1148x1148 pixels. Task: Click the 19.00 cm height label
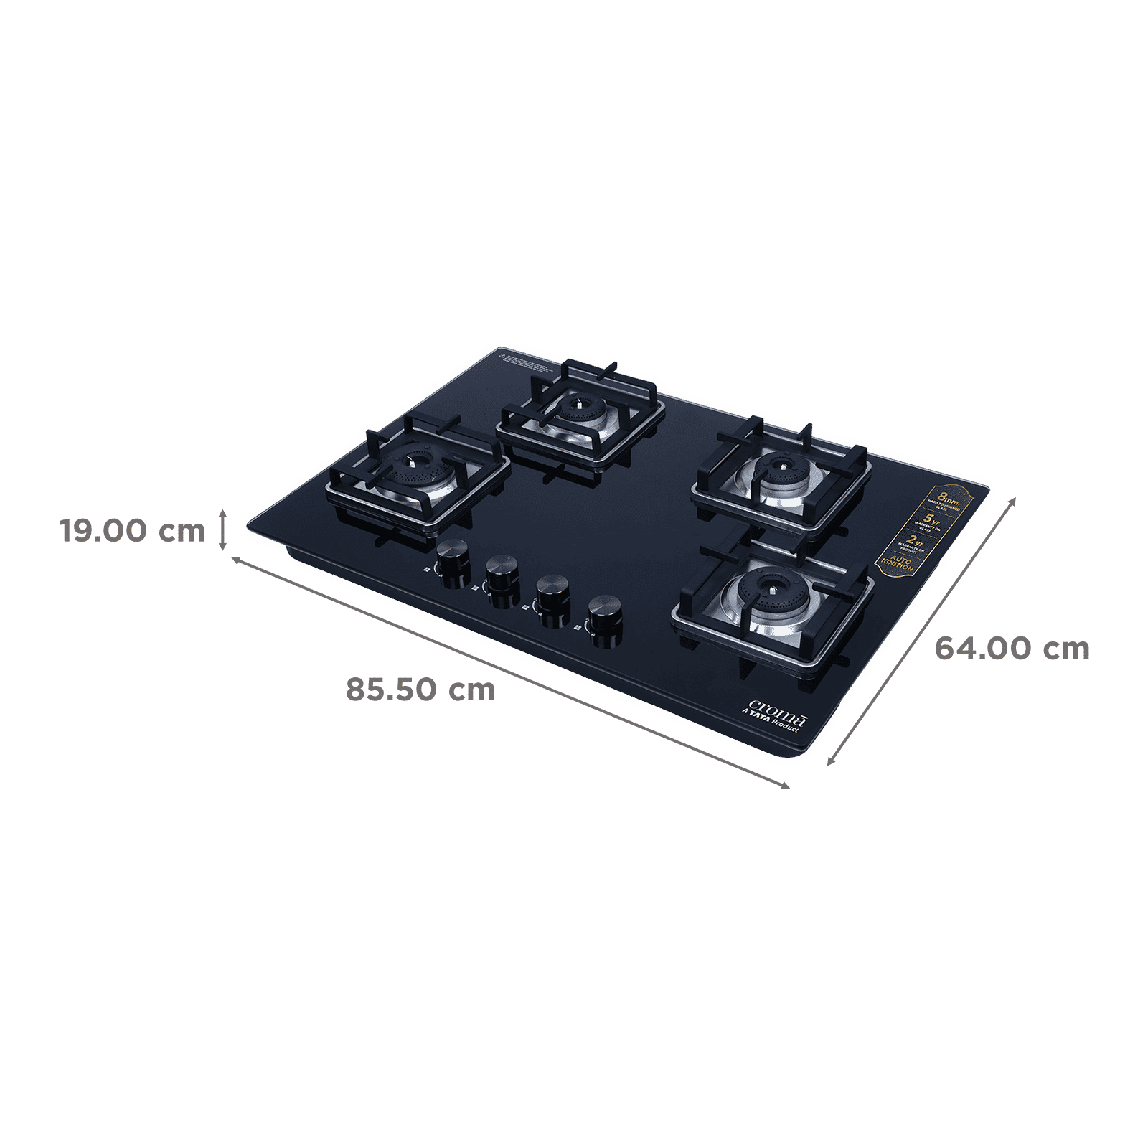(133, 532)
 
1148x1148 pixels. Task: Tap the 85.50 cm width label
(420, 690)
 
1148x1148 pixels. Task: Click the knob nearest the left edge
(452, 558)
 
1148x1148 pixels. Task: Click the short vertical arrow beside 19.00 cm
(225, 532)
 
